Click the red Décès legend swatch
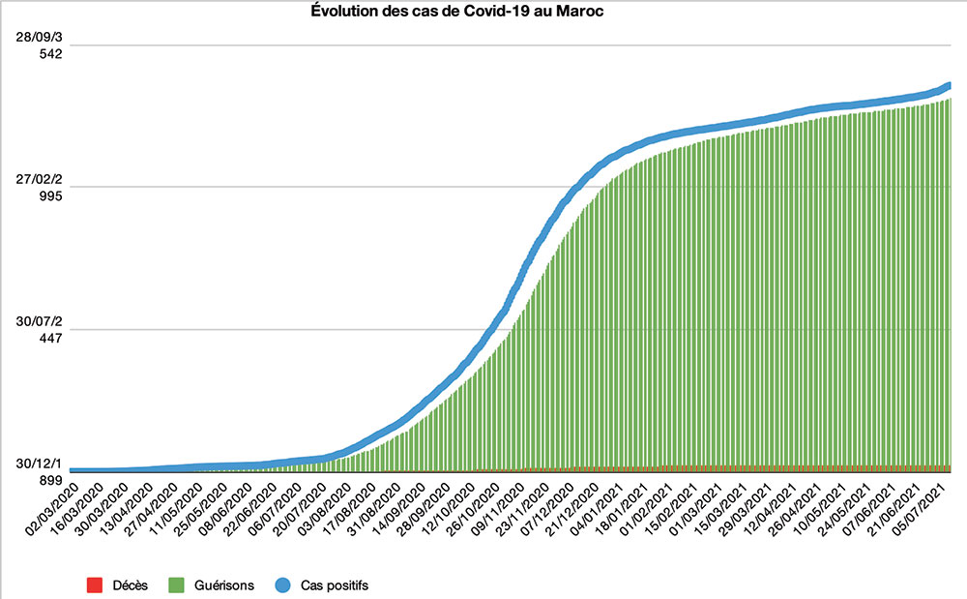point(94,584)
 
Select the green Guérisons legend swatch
point(175,584)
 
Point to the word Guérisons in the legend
point(220,584)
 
